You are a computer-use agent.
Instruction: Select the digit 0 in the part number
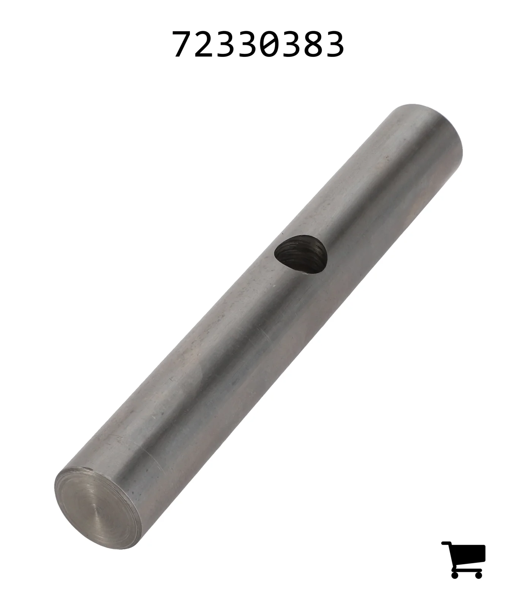(269, 44)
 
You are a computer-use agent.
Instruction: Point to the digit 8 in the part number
(313, 44)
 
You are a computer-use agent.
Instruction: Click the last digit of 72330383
(334, 44)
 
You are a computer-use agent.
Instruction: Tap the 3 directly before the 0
(248, 44)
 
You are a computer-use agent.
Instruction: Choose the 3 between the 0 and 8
(291, 44)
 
